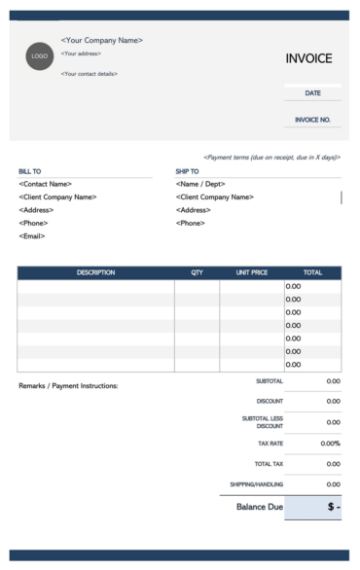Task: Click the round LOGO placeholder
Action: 40,55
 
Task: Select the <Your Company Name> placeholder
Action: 101,40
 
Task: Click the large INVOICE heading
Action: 308,58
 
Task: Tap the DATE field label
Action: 312,93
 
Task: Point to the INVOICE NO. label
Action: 312,121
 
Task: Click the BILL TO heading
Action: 30,171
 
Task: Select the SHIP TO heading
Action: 187,171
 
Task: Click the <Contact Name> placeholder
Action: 47,184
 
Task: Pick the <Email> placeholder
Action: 33,236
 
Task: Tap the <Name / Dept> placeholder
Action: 200,184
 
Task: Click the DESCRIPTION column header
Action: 95,272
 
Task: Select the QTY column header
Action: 197,272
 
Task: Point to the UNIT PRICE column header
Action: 251,272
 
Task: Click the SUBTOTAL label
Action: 270,380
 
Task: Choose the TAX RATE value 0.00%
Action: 330,444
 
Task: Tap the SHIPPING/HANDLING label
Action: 257,483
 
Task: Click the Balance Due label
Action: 259,507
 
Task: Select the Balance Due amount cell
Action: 313,507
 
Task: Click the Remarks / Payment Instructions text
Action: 68,386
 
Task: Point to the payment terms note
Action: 271,157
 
